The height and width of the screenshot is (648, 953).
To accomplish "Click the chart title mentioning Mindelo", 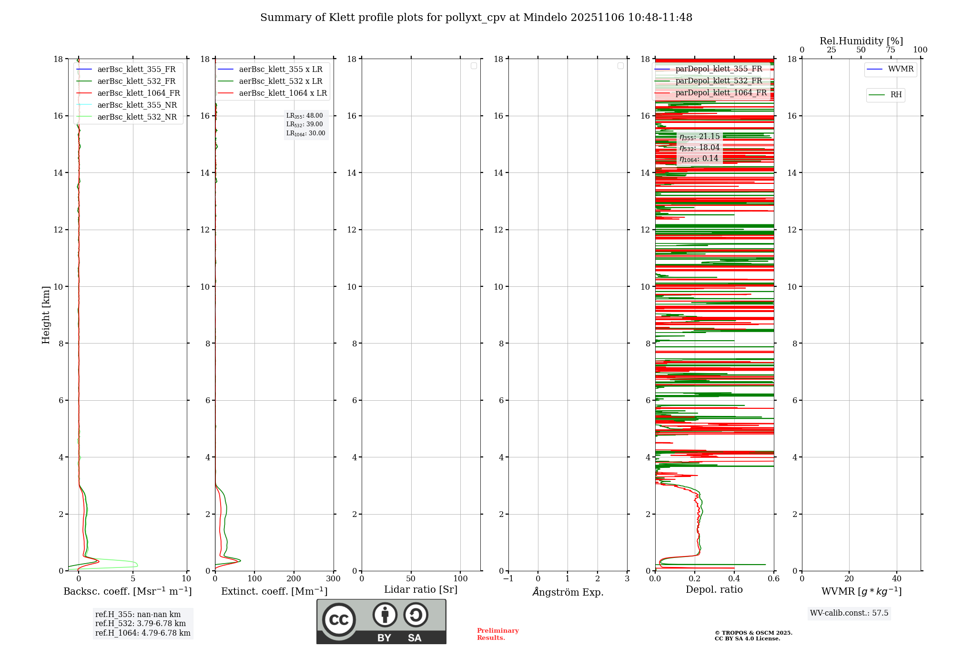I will pyautogui.click(x=476, y=18).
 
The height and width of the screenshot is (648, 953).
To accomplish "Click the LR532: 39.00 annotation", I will pyautogui.click(x=304, y=124).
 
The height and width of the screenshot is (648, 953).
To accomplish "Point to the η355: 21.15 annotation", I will pyautogui.click(x=700, y=137).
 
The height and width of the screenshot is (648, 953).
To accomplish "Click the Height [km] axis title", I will pyautogui.click(x=46, y=315).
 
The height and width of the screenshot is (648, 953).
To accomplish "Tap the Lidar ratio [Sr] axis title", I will pyautogui.click(x=421, y=590).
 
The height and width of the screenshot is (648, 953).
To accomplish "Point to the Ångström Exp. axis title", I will pyautogui.click(x=568, y=592).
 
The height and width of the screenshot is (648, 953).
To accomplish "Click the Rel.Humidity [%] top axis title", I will pyautogui.click(x=861, y=41).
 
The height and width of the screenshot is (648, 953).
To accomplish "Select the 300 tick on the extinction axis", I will pyautogui.click(x=334, y=579).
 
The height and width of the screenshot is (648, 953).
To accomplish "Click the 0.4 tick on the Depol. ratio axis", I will pyautogui.click(x=734, y=579).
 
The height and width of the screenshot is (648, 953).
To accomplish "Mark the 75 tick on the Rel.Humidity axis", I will pyautogui.click(x=890, y=50).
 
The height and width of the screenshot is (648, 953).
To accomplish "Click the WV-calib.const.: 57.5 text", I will pyautogui.click(x=849, y=613).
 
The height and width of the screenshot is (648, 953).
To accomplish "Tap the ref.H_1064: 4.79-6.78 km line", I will pyautogui.click(x=142, y=633).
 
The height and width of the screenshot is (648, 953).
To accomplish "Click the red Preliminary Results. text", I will pyautogui.click(x=497, y=634).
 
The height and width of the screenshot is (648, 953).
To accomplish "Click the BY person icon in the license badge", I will pyautogui.click(x=385, y=615).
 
